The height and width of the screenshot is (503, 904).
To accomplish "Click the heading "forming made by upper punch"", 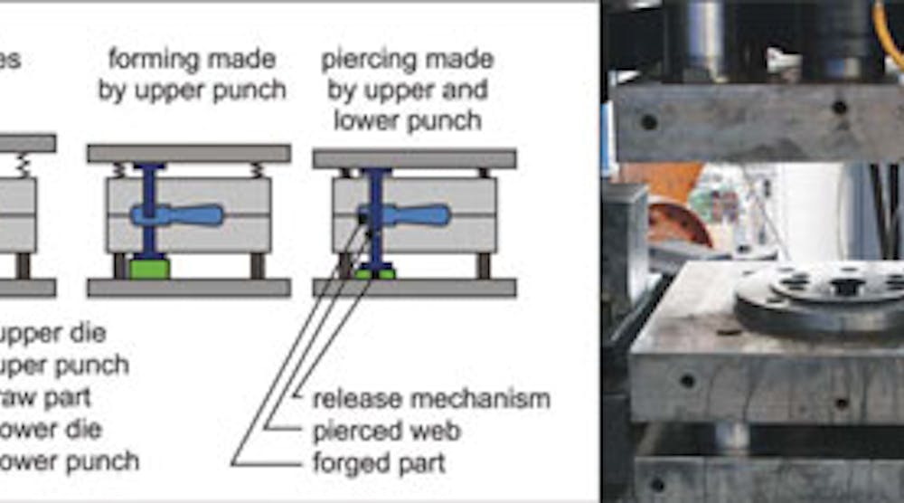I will tap(192, 76).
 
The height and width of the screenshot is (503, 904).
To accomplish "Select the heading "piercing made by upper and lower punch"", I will tap(408, 90).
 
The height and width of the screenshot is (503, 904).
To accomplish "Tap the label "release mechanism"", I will tap(431, 399).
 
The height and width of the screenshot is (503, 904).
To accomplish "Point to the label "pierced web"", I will tap(386, 432).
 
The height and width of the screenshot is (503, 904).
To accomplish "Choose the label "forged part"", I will tap(379, 464).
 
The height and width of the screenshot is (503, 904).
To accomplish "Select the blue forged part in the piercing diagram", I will tap(408, 215).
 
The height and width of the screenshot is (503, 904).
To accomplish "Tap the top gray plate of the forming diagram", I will tap(189, 153).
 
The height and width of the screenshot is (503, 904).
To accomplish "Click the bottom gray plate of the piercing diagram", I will tap(414, 288).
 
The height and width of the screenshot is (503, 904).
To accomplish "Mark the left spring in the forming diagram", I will tap(118, 169).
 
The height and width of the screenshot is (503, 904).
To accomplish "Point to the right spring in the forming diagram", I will tap(259, 169).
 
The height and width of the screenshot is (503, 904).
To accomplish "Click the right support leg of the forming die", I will tap(258, 265).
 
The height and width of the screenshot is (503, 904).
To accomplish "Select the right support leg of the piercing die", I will tap(484, 265).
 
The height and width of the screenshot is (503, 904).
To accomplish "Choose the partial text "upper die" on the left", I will tap(54, 333).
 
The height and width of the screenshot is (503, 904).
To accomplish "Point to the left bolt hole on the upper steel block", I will tap(648, 121).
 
